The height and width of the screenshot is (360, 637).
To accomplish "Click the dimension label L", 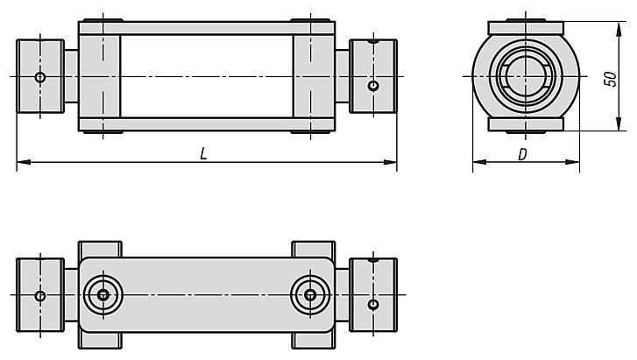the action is coord(203,153).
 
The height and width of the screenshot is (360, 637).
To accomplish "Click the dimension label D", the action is coord(523,154).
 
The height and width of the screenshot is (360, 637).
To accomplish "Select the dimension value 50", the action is coord(610,79).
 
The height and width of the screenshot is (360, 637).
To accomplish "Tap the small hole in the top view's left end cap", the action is coord(40,77).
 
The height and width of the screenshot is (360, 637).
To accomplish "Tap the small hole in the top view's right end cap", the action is coord(373,86).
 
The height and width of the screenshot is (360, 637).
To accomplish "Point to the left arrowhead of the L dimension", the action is coord(24,163).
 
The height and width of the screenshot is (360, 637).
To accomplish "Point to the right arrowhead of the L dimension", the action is coord(390,163).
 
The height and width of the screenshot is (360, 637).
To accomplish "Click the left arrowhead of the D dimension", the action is coord(480,162).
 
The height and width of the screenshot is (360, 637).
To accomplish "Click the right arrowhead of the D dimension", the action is coord(572,162).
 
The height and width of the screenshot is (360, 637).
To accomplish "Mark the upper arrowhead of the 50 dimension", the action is coord(619,29).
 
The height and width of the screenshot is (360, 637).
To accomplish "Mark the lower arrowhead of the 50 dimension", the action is coord(619,124).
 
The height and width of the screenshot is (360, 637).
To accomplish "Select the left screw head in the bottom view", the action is coord(103,295).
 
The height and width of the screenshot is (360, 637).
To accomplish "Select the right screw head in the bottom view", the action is coord(311,295).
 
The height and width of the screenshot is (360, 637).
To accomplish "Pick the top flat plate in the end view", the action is coord(526,28).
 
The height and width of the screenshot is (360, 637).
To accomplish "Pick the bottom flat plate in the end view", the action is coord(526,124).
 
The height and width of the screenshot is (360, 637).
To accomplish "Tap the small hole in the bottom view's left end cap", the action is coord(40,296).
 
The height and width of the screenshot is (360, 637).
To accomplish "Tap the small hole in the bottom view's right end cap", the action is coord(373,304).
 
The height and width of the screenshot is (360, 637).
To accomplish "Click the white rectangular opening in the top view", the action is coord(207,76).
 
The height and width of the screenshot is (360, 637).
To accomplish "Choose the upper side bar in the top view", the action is coord(207,28).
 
